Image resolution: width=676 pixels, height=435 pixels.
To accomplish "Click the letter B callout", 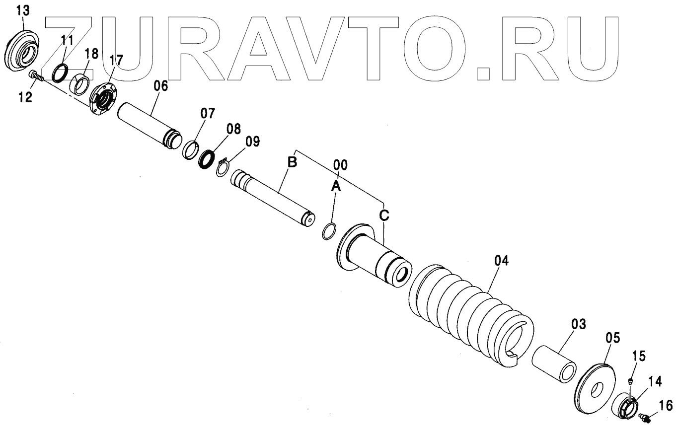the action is tap(292, 162).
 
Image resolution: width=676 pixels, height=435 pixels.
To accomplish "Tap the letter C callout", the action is tap(384, 216).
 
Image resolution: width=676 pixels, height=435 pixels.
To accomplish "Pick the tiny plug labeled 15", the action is tap(630, 381).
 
